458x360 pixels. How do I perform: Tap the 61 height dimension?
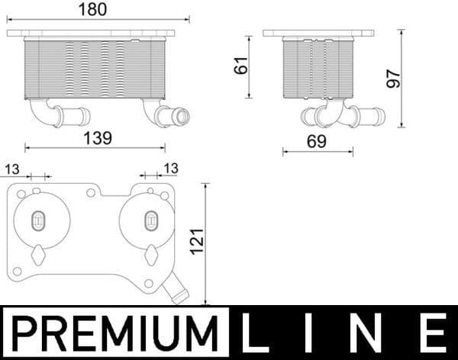click(x=241, y=66)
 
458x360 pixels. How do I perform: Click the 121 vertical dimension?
click(x=195, y=243)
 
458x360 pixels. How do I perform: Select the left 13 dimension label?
click(x=12, y=168)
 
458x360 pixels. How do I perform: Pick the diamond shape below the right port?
click(x=150, y=253)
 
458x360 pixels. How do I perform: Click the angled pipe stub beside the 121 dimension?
click(x=177, y=291)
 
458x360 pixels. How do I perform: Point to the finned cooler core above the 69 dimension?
click(x=318, y=69)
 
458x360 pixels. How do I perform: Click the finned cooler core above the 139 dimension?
click(x=95, y=69)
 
